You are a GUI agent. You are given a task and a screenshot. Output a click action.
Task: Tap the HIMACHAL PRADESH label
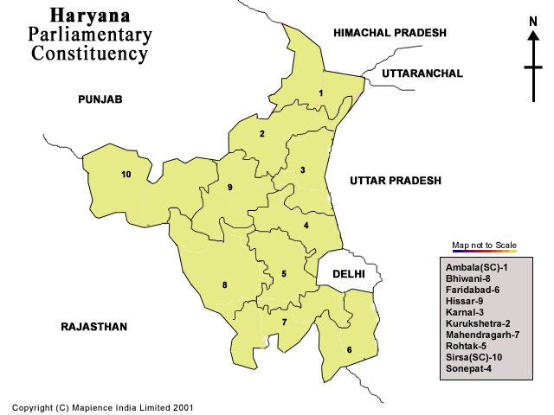tap(390, 33)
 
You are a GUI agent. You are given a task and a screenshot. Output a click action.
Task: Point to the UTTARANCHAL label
tap(422, 74)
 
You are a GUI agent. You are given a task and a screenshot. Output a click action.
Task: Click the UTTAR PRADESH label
tap(396, 181)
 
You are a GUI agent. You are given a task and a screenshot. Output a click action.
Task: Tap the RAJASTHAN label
tap(93, 327)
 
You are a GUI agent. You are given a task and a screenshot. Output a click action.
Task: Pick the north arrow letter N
tap(533, 22)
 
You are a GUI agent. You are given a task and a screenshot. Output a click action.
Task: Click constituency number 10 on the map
tap(126, 175)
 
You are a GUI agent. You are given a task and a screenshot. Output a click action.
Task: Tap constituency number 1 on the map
tap(320, 93)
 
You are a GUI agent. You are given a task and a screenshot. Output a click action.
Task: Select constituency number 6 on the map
tap(349, 350)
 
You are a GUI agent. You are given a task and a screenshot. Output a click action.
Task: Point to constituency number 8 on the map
tap(225, 285)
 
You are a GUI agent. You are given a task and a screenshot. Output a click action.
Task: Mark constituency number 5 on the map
tap(284, 274)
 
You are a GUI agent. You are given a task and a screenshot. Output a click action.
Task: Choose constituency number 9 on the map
tap(230, 188)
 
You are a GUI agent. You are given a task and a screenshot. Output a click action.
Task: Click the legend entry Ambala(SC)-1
tap(477, 267)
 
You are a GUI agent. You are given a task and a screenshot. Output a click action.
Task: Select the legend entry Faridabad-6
tap(473, 290)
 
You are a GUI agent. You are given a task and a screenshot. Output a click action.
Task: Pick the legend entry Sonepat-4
tap(471, 368)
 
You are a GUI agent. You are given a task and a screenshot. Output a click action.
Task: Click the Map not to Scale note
tap(484, 246)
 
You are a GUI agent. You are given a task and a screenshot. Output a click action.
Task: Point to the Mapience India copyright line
tap(103, 406)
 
